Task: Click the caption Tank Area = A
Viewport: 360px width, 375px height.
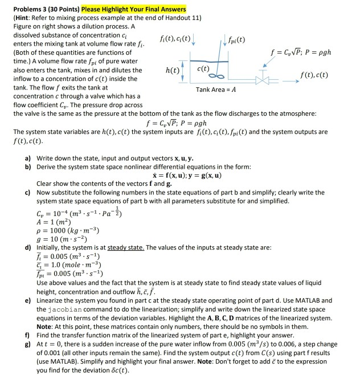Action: [x=216, y=89]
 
